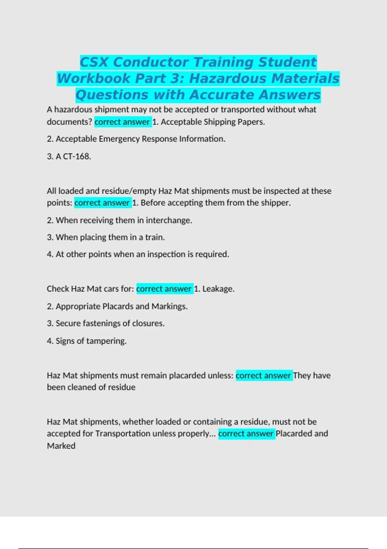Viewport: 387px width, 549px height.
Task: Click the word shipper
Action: (x=276, y=203)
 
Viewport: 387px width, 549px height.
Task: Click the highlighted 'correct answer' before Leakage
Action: (x=164, y=289)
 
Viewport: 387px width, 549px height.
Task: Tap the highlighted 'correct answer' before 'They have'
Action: (x=263, y=376)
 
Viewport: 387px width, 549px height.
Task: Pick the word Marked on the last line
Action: (x=61, y=446)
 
